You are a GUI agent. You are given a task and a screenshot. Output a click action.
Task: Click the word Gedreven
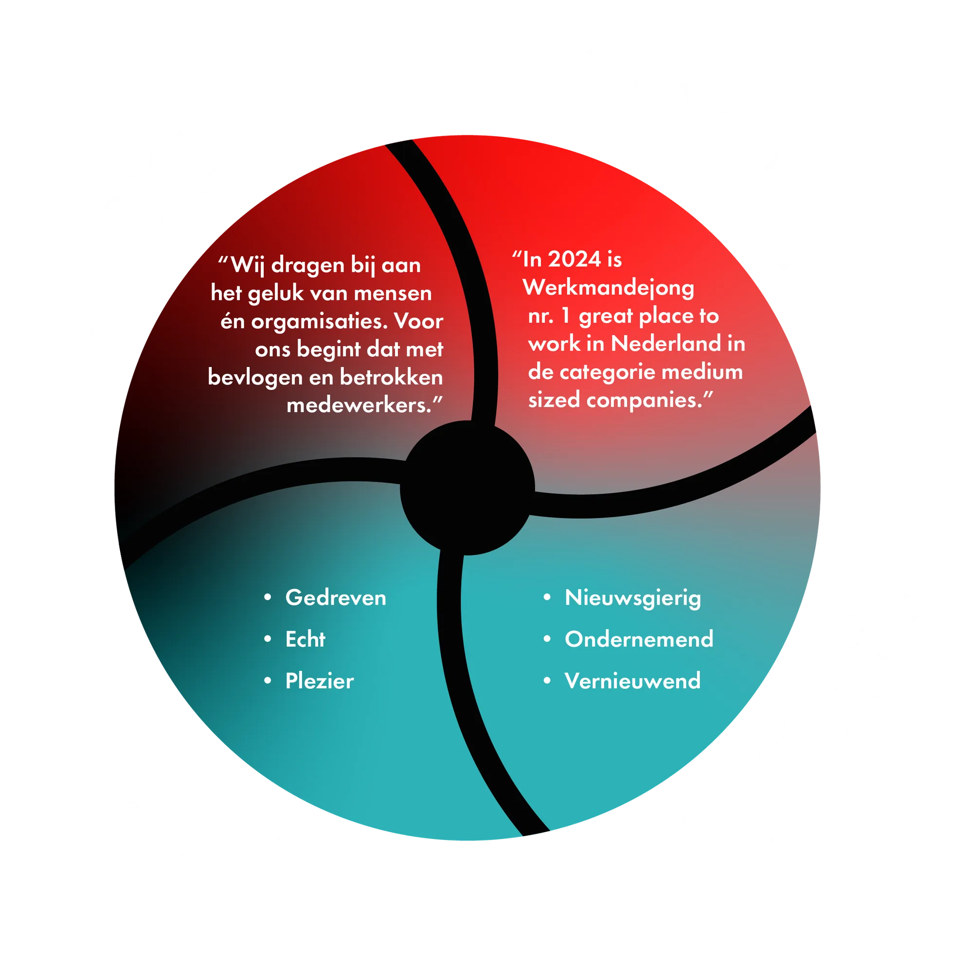coord(336,597)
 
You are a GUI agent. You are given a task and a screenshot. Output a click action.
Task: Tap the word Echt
coord(305,639)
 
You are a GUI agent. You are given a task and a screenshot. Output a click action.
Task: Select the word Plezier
coord(319,681)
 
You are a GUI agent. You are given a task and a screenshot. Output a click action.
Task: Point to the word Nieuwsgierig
coord(632,598)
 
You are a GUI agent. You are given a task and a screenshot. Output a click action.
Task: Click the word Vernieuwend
coord(632,681)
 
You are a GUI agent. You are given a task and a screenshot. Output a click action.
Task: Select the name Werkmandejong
coord(609,288)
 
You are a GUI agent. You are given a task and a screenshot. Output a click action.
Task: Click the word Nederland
coord(666,344)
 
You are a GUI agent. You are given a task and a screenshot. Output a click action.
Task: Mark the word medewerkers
coord(359,405)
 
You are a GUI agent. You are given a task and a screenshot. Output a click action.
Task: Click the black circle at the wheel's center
coord(468,488)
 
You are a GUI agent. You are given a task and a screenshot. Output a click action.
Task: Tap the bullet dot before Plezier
coord(268,681)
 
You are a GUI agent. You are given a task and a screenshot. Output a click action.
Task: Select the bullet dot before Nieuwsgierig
coord(547,597)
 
